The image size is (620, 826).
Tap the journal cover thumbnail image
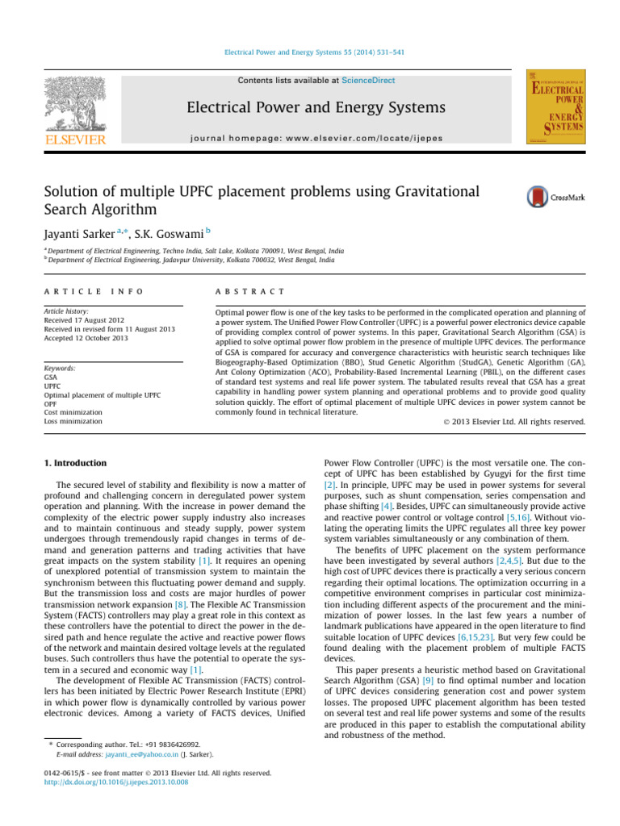pyautogui.click(x=555, y=107)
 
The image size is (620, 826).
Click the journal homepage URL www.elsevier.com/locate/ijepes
pyautogui.click(x=339, y=136)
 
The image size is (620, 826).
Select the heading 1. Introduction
pyautogui.click(x=73, y=464)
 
